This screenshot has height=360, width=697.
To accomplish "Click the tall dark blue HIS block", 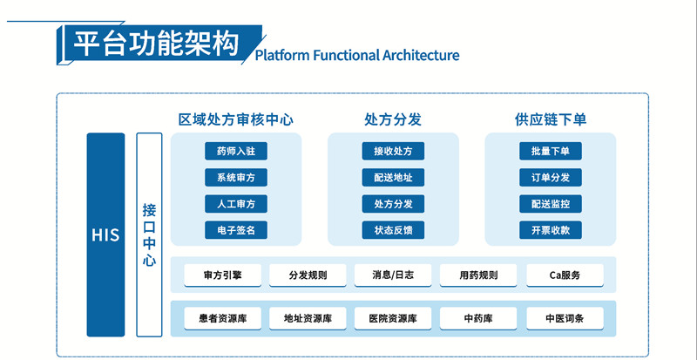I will click(x=105, y=234).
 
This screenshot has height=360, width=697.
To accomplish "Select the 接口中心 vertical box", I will click(x=150, y=234).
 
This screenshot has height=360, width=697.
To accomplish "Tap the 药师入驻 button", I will click(x=236, y=152).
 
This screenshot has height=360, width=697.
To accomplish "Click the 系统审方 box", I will click(x=236, y=178).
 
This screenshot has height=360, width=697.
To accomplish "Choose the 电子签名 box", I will click(x=236, y=231).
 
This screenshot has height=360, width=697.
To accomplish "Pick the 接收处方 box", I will click(x=393, y=152).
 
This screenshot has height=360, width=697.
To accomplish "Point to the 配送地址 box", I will click(x=393, y=178).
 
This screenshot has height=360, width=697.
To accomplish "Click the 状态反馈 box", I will click(x=393, y=231).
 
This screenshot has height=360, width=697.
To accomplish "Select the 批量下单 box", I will click(x=550, y=152).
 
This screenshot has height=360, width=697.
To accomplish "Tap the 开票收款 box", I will click(x=550, y=231).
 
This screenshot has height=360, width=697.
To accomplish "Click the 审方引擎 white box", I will click(x=222, y=275).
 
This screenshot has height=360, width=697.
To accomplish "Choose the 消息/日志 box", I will click(x=393, y=275).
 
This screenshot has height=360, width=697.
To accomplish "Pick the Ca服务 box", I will click(x=565, y=275).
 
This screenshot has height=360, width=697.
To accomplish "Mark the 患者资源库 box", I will click(x=222, y=319).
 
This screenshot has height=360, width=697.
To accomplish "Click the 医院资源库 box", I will click(x=393, y=319).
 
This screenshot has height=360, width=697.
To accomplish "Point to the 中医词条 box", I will click(x=565, y=319).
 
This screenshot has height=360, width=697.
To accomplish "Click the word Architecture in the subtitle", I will click(x=421, y=56).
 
